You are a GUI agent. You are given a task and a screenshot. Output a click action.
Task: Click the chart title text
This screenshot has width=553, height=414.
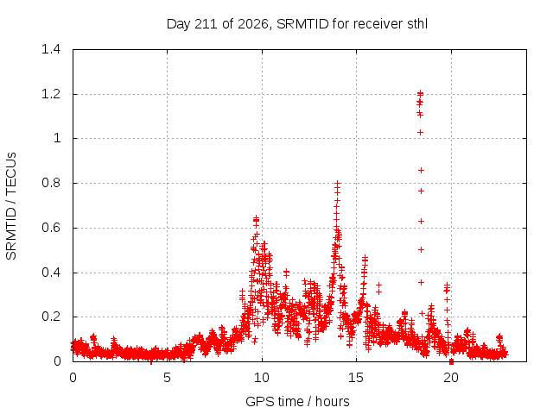pos(297,24)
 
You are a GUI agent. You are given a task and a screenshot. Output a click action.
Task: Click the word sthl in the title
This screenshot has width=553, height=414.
pos(417,24)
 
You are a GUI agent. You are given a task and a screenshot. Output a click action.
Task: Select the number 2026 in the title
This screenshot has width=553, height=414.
pos(253,24)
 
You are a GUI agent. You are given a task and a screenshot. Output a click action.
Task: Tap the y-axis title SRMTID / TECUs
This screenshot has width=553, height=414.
pos(11,206)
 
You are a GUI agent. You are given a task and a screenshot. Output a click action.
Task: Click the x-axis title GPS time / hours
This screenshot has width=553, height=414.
pos(297,401)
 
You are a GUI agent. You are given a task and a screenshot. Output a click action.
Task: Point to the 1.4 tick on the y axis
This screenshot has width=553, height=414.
pos(51,49)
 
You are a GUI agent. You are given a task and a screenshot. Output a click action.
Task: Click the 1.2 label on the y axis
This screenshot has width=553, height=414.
pos(51,94)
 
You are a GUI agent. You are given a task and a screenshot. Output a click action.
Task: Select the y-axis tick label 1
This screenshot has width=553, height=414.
pos(57,138)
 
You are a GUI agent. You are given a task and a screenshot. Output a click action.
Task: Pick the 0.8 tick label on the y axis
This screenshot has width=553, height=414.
pos(51,183)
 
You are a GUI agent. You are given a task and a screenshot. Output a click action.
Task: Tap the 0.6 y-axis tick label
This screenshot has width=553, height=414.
pos(51,228)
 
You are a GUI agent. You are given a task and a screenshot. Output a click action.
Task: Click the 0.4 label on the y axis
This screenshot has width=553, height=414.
pos(51,273)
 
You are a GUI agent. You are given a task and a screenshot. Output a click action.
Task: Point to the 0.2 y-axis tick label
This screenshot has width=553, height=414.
pos(51,317)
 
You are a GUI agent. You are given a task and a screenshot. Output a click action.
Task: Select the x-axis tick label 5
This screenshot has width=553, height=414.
pos(167,378)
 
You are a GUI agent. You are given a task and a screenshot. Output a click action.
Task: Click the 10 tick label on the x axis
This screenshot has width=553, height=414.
pos(262,378)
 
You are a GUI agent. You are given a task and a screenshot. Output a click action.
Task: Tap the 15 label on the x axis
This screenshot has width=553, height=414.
pos(356,378)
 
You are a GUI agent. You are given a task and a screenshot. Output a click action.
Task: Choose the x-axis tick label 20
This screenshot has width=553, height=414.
pos(451,378)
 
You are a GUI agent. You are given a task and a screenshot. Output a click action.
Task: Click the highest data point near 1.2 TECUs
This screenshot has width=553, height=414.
pos(420,94)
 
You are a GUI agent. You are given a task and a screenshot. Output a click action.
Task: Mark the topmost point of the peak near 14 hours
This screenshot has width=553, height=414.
pos(338,184)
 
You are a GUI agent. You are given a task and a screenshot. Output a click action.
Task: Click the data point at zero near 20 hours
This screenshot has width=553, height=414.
pos(451,361)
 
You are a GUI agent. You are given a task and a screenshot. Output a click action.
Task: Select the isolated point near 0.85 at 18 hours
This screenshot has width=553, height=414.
pos(421,171)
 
